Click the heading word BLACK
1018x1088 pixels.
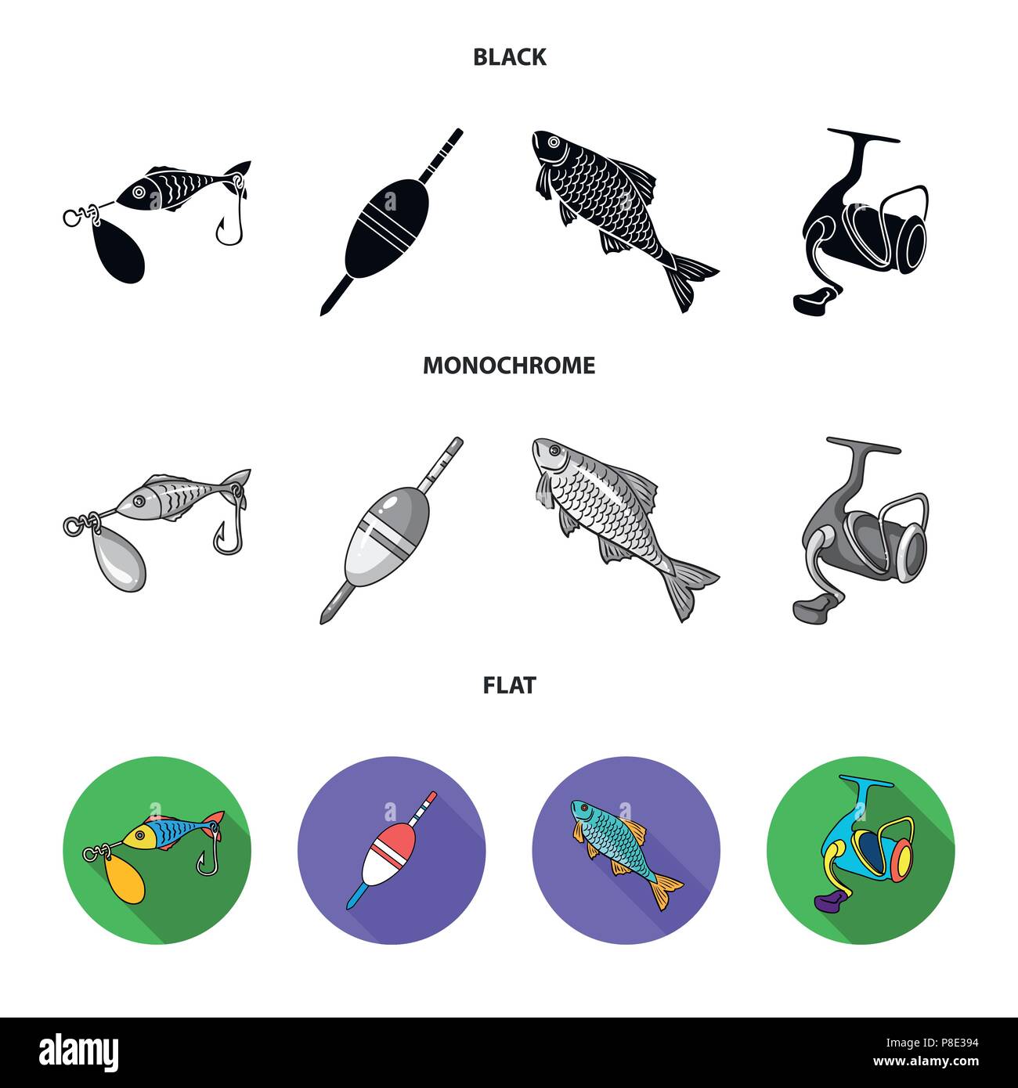(x=509, y=57)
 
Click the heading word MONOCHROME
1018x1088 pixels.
(x=509, y=366)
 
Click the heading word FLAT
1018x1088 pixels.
(x=509, y=686)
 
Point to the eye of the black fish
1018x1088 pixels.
(x=554, y=142)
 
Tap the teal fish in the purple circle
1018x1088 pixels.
(x=619, y=849)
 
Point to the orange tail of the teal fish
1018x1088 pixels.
(x=668, y=892)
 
